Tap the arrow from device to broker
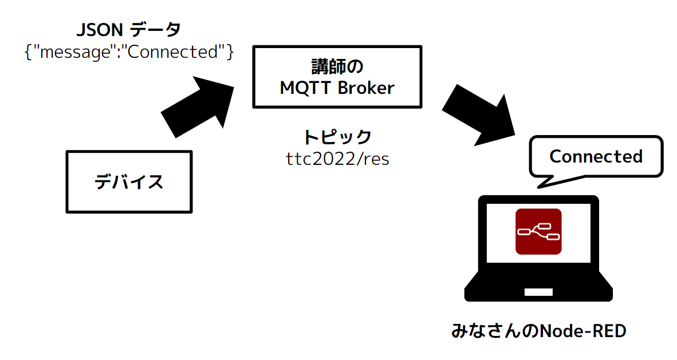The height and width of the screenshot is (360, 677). point(198,106)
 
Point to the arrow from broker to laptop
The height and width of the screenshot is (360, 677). point(479,115)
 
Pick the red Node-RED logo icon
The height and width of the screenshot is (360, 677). point(538,232)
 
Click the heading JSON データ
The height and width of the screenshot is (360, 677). point(129,30)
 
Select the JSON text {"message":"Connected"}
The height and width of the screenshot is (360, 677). point(129,52)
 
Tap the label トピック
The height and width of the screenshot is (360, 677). point(337,137)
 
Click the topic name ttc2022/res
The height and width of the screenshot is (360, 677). point(337,159)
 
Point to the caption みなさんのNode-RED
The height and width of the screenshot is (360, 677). point(538,331)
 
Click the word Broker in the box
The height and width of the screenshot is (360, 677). point(366,88)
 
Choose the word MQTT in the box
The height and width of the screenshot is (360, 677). point(306,88)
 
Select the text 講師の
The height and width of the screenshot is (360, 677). point(337,67)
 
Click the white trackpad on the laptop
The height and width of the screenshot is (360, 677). point(538,292)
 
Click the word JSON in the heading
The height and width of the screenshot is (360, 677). point(100,30)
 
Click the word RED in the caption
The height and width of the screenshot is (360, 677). point(609,331)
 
